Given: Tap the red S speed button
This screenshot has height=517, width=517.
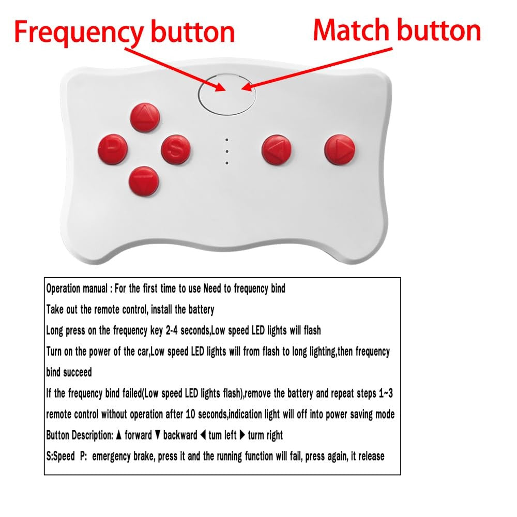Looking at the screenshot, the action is (176, 149).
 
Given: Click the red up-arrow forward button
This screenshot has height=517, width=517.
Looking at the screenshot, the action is (145, 117).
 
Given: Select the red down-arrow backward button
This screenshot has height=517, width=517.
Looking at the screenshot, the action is (144, 181).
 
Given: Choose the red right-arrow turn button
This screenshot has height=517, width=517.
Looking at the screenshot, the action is (340, 149).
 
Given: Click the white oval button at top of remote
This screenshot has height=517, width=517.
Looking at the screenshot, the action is (227, 94).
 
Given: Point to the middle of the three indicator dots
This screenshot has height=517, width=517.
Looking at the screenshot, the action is (227, 151).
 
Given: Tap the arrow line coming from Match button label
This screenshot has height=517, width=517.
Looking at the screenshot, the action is (316, 69).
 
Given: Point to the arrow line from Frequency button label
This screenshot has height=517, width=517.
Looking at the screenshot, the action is (175, 70).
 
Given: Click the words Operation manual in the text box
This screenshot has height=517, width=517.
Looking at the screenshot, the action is (77, 289).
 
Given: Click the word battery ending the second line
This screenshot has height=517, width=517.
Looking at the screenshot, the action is (201, 310).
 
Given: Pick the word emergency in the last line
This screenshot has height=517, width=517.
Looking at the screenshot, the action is (111, 457).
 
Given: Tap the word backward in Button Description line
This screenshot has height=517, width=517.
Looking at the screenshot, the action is (180, 435).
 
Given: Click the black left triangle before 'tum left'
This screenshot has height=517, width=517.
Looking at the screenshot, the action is (203, 435).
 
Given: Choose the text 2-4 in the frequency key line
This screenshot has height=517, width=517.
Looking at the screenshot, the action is (172, 330).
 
